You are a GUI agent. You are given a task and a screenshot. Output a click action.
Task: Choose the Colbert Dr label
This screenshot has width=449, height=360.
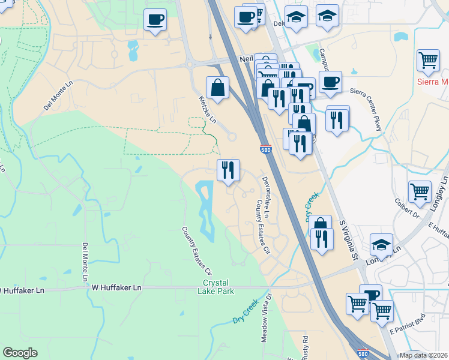(412, 210)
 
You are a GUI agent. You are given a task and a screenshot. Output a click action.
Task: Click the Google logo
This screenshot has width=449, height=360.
(20, 353)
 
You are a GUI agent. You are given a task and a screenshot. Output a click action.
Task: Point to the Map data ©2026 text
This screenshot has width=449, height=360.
(423, 355)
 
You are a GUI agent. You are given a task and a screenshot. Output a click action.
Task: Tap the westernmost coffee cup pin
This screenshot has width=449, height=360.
(155, 20)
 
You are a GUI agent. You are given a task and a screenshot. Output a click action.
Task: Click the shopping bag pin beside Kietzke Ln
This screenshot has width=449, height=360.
(217, 88)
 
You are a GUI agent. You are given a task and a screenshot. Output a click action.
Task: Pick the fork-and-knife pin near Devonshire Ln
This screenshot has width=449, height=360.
(228, 170)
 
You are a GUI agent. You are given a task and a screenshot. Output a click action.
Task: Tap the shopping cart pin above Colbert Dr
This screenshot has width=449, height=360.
(420, 192)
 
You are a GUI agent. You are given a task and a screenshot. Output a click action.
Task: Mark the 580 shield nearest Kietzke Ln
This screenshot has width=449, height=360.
(265, 149)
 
